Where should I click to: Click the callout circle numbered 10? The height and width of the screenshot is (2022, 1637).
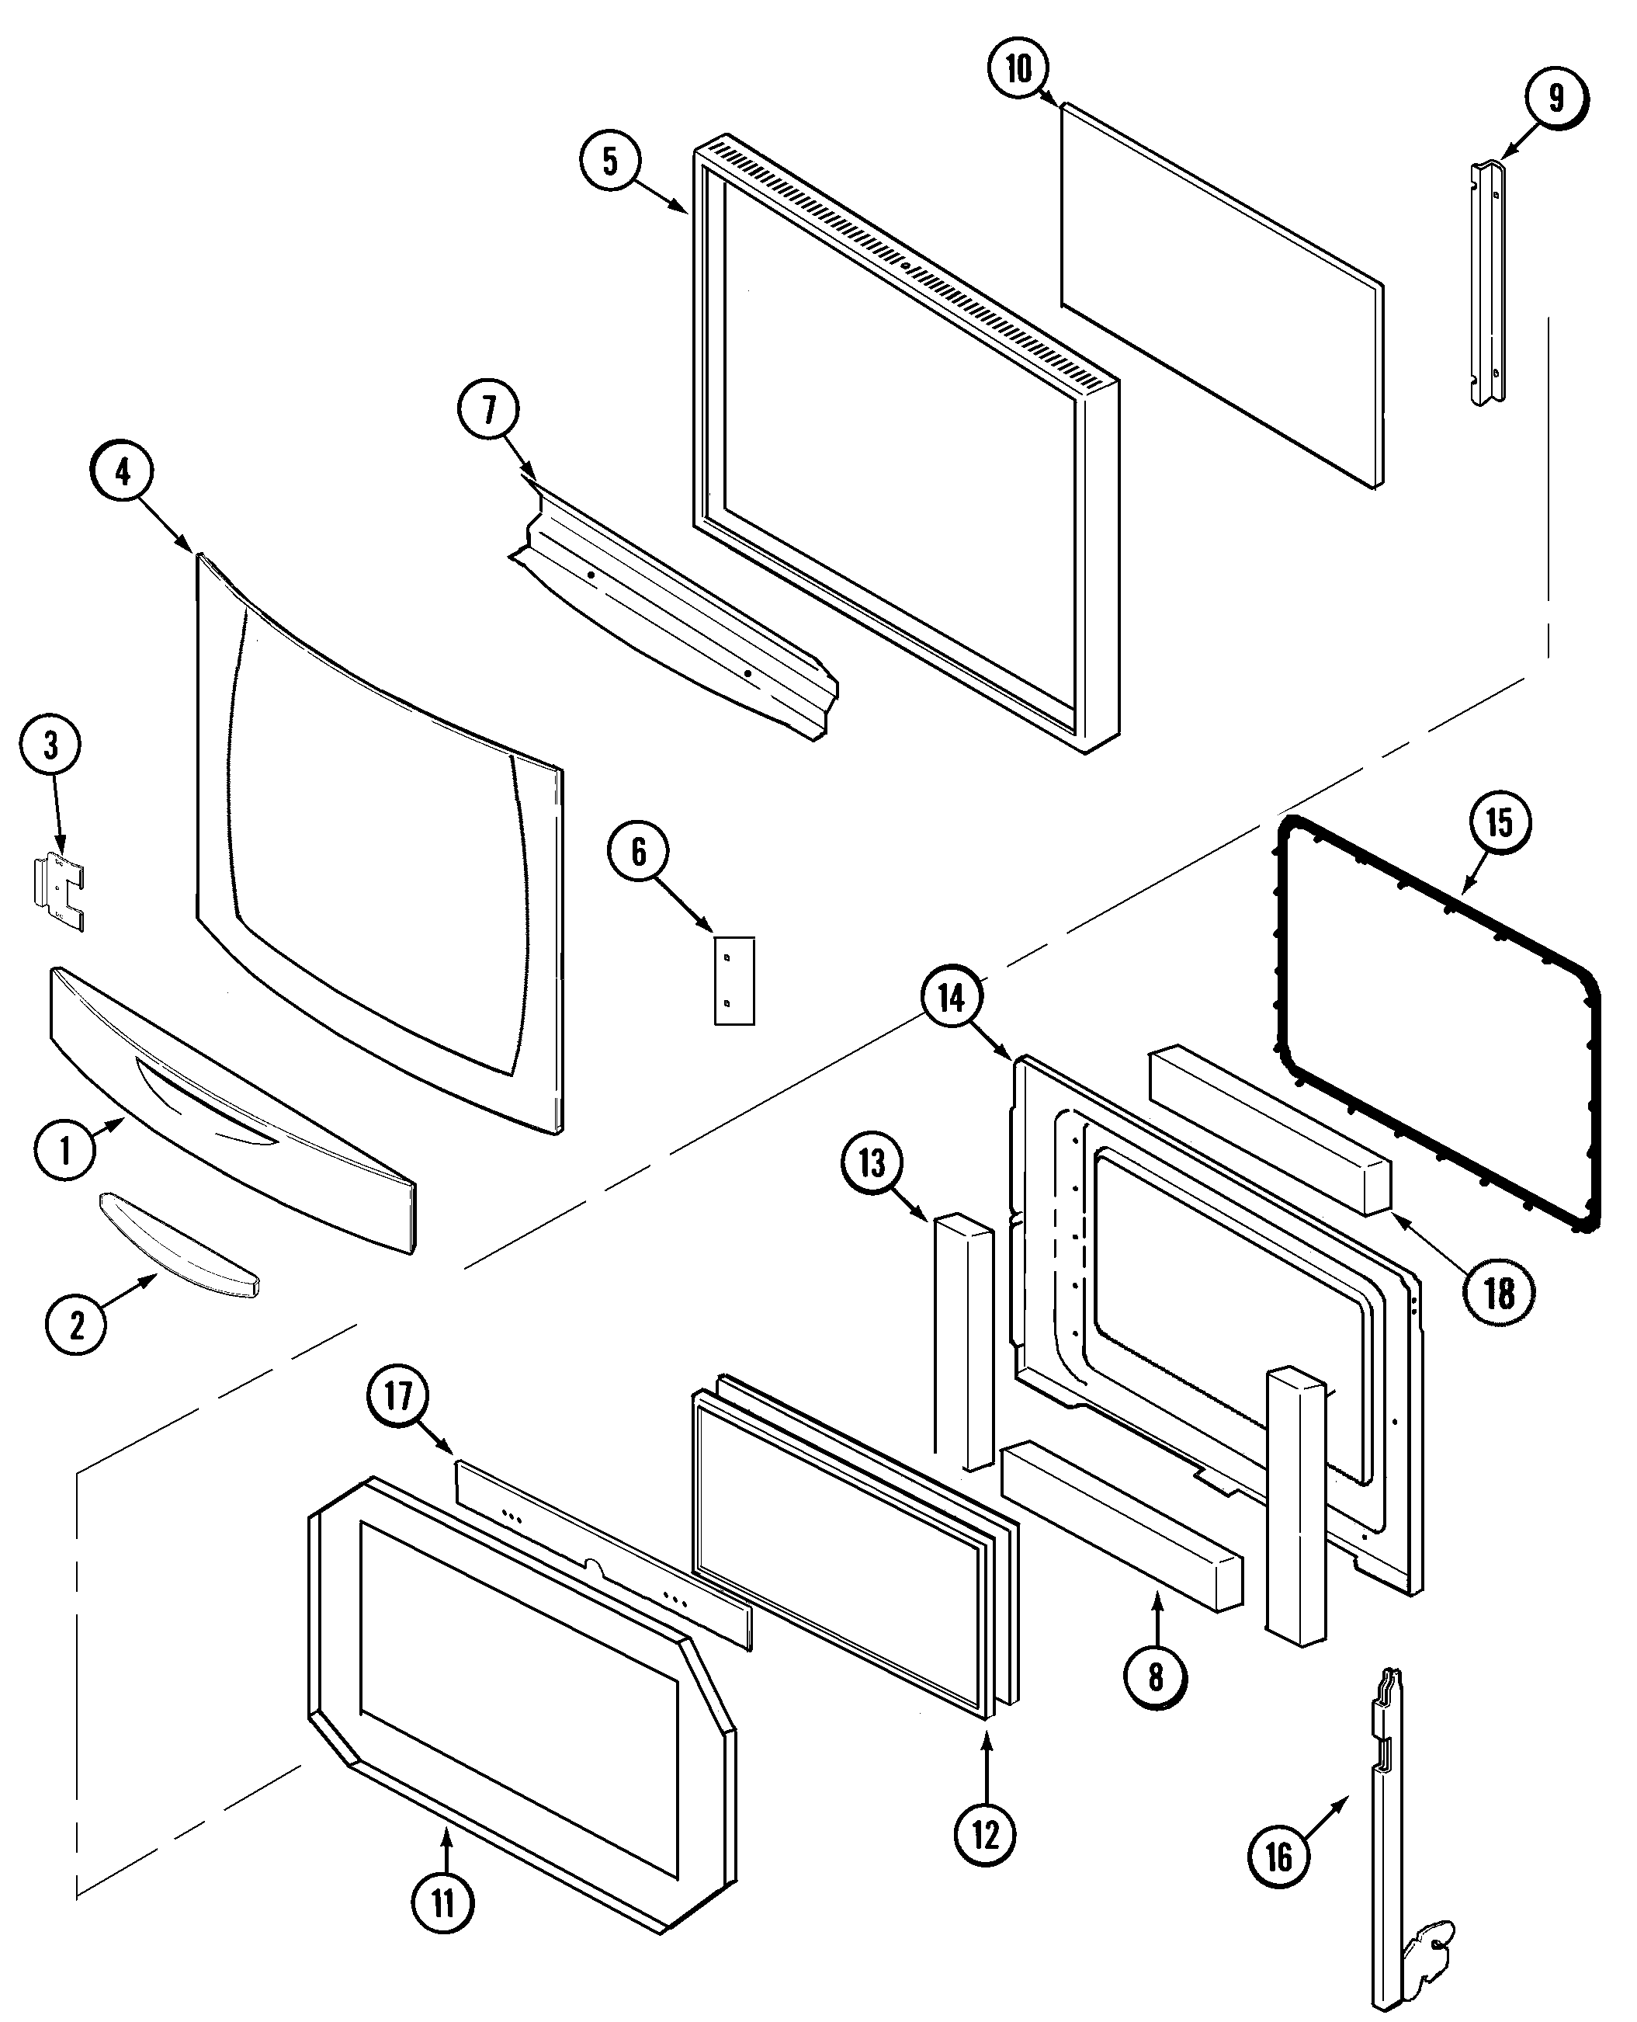pos(1018,70)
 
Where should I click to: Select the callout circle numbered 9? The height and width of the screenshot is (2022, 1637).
pos(1556,97)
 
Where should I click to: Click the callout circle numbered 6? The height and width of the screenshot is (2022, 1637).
pos(638,852)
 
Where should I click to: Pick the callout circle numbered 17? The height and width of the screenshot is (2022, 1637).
pos(398,1395)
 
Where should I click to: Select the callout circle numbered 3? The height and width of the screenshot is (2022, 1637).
pos(51,745)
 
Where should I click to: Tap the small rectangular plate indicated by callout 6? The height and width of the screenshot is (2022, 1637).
pos(734,980)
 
